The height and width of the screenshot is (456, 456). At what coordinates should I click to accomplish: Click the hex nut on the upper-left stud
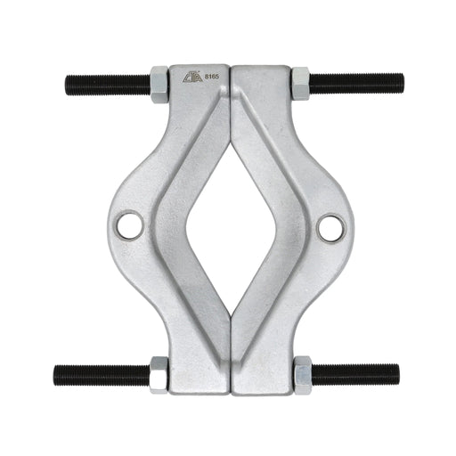[x=160, y=85]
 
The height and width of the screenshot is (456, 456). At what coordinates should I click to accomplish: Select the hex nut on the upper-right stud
[x=300, y=85]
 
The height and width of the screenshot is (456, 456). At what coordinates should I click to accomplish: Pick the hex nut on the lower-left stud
[x=159, y=374]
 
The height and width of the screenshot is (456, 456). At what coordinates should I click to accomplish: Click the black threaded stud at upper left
[x=107, y=85]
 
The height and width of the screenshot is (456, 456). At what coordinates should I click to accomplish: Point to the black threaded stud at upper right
[x=351, y=85]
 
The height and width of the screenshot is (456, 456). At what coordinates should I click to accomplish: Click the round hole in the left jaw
[x=130, y=225]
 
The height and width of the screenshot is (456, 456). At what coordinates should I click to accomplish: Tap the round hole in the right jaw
[x=330, y=227]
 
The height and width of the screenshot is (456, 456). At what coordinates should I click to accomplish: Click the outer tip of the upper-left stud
[x=68, y=85]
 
